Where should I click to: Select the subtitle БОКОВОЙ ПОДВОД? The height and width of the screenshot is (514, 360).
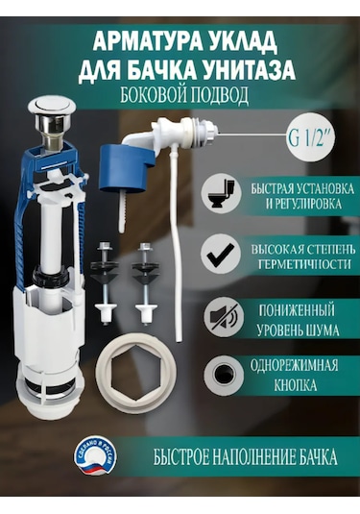[x=186, y=97]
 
